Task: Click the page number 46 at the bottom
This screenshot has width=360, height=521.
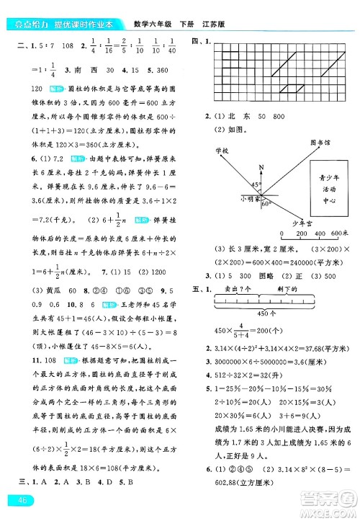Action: click(15, 501)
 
